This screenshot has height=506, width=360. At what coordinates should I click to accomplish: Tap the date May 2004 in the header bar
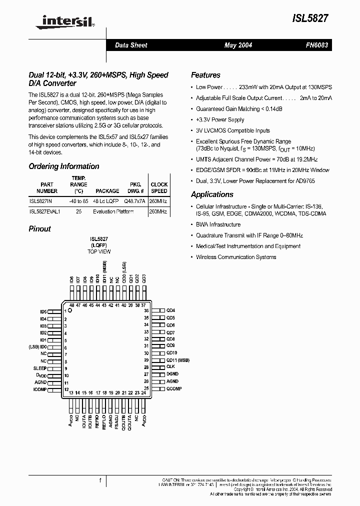tap(238, 45)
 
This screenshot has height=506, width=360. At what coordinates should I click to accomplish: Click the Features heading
tap(205, 75)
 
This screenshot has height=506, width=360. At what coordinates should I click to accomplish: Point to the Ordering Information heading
tap(63, 166)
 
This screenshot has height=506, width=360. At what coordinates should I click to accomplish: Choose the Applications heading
tap(212, 194)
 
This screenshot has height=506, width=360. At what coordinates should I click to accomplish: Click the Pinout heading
tap(39, 228)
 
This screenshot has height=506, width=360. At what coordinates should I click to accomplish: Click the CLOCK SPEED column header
tap(159, 187)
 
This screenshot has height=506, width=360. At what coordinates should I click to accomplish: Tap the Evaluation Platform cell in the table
tap(113, 211)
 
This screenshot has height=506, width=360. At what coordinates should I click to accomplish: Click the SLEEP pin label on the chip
tap(40, 368)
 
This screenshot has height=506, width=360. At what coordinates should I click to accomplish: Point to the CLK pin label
tap(170, 367)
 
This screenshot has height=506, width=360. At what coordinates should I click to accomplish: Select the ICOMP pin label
tap(40, 389)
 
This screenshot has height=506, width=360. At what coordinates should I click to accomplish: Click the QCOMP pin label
tap(173, 388)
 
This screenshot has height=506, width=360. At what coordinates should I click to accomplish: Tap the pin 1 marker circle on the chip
tap(70, 310)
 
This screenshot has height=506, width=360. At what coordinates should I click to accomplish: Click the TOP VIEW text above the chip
tap(99, 251)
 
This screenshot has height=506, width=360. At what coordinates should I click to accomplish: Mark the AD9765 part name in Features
tap(318, 180)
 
